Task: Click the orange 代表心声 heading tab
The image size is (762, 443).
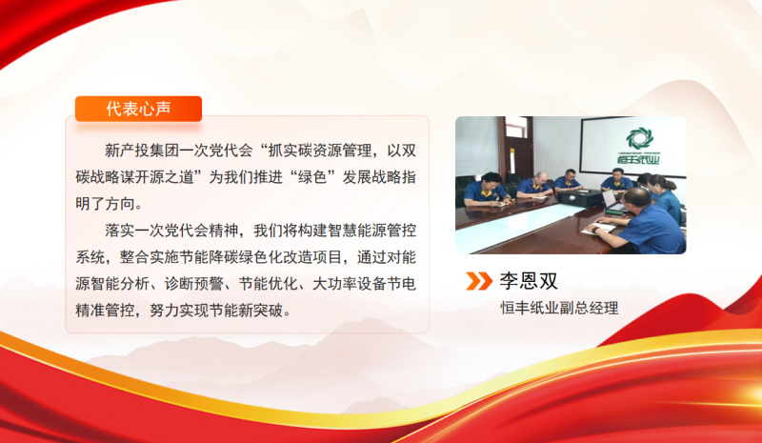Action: coord(138,109)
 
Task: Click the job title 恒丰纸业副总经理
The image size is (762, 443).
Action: coord(559,308)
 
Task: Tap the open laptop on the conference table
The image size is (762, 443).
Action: coord(615,202)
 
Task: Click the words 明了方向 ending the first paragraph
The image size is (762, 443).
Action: coord(106,203)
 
